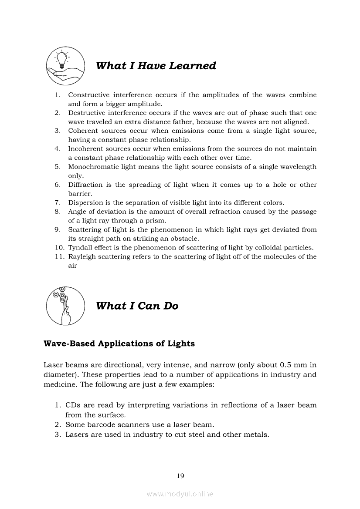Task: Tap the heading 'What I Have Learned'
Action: coord(156,66)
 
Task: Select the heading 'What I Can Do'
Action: coord(137,306)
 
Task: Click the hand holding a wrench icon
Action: coord(65,306)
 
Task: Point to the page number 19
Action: coord(180,476)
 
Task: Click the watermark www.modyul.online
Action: coord(180,494)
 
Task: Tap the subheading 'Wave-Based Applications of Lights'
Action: coord(119,344)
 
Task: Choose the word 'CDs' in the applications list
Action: coord(73,405)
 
